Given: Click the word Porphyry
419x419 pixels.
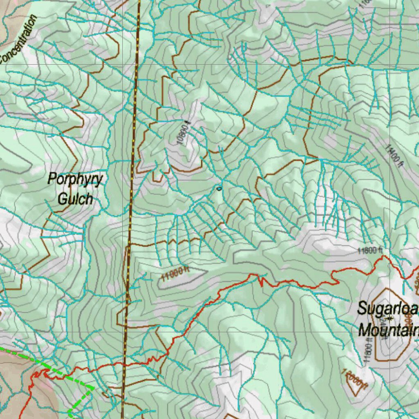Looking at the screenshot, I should point(75,180).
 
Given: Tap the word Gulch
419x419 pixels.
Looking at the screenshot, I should point(75,199).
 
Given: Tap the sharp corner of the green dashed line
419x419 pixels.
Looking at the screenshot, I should point(93,388).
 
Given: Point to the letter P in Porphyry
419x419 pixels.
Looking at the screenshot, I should point(52,179).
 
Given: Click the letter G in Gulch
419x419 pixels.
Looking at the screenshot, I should point(62,199).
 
